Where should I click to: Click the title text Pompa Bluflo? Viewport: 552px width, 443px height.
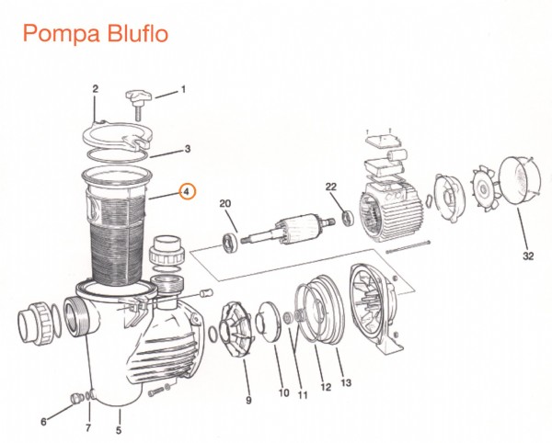[x=94, y=34]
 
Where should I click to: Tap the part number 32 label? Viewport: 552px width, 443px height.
[x=527, y=256]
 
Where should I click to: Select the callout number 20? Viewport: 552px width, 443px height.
[x=224, y=203]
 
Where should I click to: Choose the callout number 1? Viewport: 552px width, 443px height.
[x=182, y=89]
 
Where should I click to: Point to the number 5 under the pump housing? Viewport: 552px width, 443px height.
[x=119, y=429]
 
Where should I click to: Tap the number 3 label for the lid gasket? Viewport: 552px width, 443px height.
[x=187, y=148]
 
